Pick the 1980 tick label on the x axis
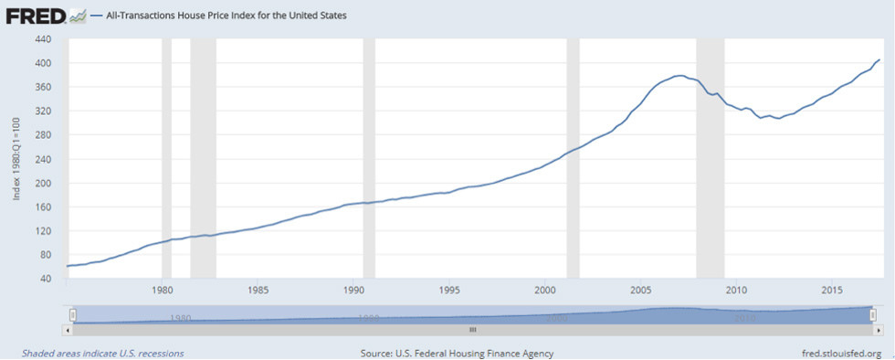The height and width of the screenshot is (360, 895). (x=162, y=291)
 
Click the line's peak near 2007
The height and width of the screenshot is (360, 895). (x=679, y=76)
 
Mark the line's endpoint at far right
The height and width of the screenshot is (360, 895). (x=879, y=60)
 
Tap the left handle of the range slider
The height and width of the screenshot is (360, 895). (x=70, y=315)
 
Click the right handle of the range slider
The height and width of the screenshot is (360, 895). (x=874, y=315)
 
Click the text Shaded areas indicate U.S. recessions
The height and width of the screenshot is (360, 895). (x=102, y=353)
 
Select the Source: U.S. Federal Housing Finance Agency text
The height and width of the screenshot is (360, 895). (x=457, y=353)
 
